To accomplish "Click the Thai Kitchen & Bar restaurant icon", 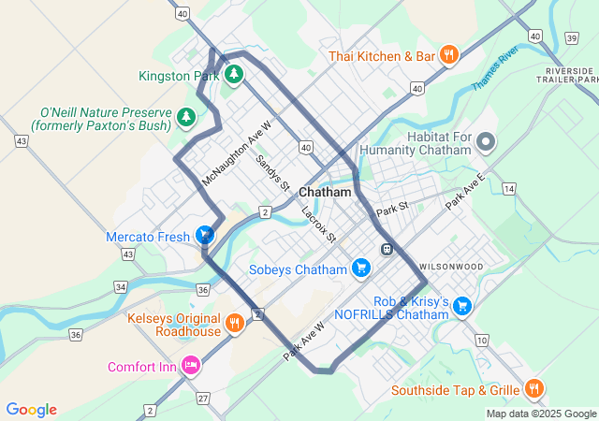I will click(x=449, y=55).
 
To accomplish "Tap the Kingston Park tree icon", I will click(x=233, y=75).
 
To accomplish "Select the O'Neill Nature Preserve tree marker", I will click(x=187, y=117).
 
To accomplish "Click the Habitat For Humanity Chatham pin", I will click(x=486, y=143).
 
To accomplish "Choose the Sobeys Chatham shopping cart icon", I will click(x=360, y=269).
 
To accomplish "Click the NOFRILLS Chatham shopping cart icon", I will click(x=461, y=306).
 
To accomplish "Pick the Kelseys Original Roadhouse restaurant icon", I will click(x=234, y=325).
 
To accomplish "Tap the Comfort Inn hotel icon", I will click(x=191, y=366).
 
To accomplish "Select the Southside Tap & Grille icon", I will click(x=533, y=389).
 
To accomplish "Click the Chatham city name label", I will click(x=325, y=192).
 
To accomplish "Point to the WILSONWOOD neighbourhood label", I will click(x=451, y=267).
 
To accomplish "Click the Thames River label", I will click(x=495, y=69).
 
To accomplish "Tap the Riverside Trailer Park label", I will click(x=568, y=76).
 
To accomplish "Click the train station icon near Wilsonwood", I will click(x=386, y=249).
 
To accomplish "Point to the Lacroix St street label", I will click(x=319, y=225).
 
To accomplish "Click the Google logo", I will click(x=31, y=410).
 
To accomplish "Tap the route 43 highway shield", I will click(x=21, y=140).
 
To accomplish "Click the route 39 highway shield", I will click(x=571, y=37).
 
